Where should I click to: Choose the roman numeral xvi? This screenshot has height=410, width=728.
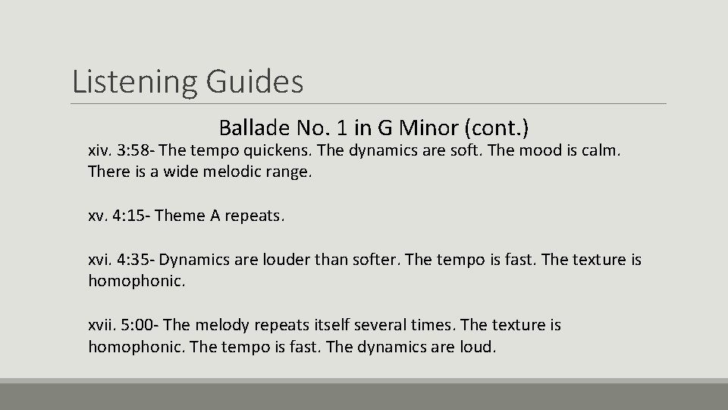pyautogui.click(x=100, y=260)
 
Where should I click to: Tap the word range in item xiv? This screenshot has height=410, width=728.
pyautogui.click(x=287, y=172)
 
